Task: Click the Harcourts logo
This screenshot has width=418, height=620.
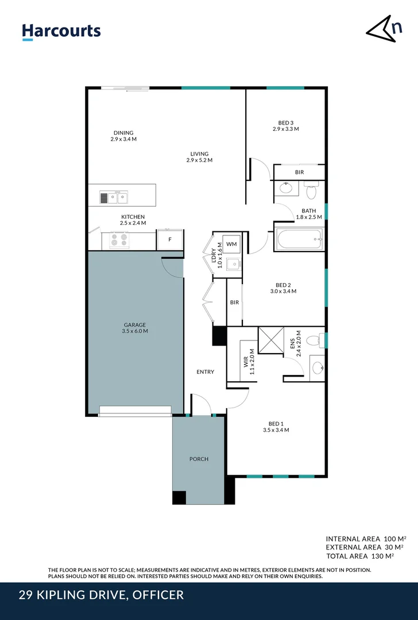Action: tap(61, 32)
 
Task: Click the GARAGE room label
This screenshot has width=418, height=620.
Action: tap(134, 325)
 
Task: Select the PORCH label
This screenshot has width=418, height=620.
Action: tap(199, 459)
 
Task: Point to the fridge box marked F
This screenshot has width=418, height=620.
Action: tap(170, 240)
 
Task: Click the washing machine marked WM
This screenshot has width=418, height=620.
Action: tap(231, 245)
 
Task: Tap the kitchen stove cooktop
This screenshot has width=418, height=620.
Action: tap(119, 240)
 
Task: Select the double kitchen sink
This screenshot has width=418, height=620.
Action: tap(115, 198)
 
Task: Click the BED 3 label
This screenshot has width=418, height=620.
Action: tap(285, 122)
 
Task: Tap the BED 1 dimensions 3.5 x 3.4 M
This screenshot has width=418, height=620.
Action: tap(276, 429)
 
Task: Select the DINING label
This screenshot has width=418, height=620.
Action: tap(123, 133)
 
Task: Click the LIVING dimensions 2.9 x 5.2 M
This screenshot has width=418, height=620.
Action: tap(199, 160)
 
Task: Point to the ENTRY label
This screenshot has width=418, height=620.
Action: tap(205, 372)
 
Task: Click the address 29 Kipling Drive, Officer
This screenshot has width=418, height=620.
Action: tap(102, 595)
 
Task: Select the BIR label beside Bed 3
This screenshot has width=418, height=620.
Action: tap(299, 172)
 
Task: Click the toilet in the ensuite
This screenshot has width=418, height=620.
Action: tap(313, 341)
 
